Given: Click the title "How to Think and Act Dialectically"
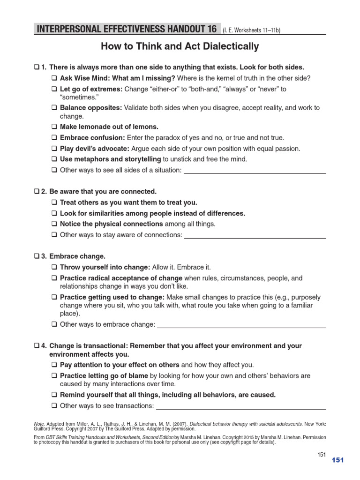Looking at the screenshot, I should tap(180, 46).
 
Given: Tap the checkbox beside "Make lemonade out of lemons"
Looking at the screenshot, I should tap(54, 127).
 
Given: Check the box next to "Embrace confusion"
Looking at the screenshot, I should tap(54, 137).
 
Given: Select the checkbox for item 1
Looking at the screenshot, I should tap(37, 67).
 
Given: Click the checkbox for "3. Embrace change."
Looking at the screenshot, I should tap(37, 256).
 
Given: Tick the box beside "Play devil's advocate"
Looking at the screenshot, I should tap(54, 148).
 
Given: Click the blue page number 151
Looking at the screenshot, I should tap(337, 460).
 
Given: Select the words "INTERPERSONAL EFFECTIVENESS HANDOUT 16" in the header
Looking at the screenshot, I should tap(126, 30).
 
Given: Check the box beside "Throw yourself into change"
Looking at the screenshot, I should tap(54, 267).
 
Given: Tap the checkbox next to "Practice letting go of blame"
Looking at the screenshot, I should tap(54, 375).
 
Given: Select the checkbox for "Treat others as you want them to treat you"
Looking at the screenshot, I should tap(54, 202).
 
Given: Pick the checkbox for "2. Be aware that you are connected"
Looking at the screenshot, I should tap(37, 192).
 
